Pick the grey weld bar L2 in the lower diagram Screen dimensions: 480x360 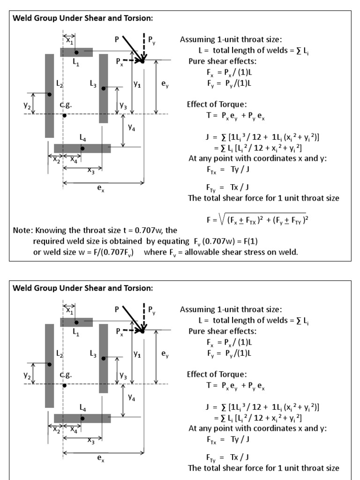pyautogui.click(x=49, y=365)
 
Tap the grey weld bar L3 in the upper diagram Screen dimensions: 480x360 pyautogui.click(x=104, y=89)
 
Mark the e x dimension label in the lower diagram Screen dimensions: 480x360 pyautogui.click(x=101, y=460)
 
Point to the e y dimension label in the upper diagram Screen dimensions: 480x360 pyautogui.click(x=165, y=84)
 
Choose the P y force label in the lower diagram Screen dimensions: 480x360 pyautogui.click(x=152, y=310)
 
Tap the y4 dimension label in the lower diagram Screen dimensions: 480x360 pyautogui.click(x=132, y=398)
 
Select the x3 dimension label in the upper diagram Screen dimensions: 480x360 pyautogui.click(x=91, y=171)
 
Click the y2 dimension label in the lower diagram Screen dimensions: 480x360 pyautogui.click(x=27, y=376)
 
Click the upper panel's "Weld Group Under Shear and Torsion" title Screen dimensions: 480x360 pyautogui.click(x=82, y=19)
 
